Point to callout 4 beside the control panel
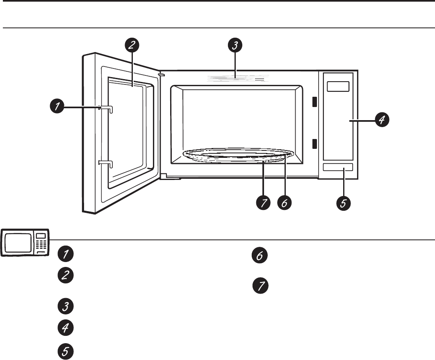381,120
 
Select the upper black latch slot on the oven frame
314,102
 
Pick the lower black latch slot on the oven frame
314,144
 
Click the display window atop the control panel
338,87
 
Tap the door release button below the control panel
338,167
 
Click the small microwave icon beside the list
25,243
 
